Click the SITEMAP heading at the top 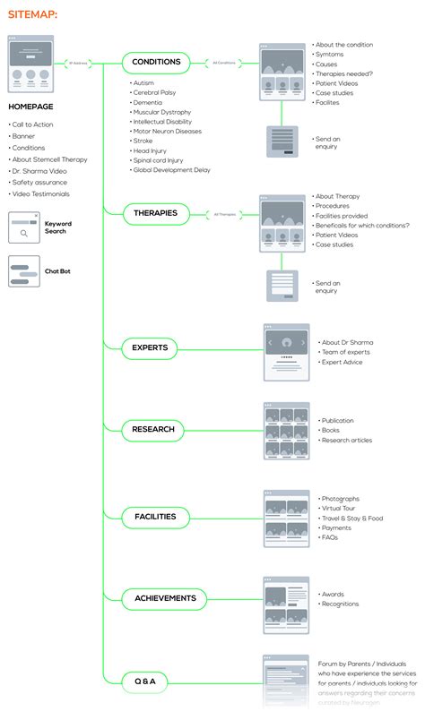pos(32,14)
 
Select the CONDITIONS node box pos(156,62)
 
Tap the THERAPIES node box pos(155,213)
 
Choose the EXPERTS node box pos(150,347)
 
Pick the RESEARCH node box pos(152,430)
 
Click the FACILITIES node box pos(155,517)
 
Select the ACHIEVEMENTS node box pos(164,598)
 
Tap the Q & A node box pos(144,681)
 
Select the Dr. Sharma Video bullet pos(40,171)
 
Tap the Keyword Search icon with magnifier pos(24,227)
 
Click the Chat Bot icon pos(24,270)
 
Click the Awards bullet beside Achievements pos(333,594)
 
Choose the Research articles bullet pos(347,440)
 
